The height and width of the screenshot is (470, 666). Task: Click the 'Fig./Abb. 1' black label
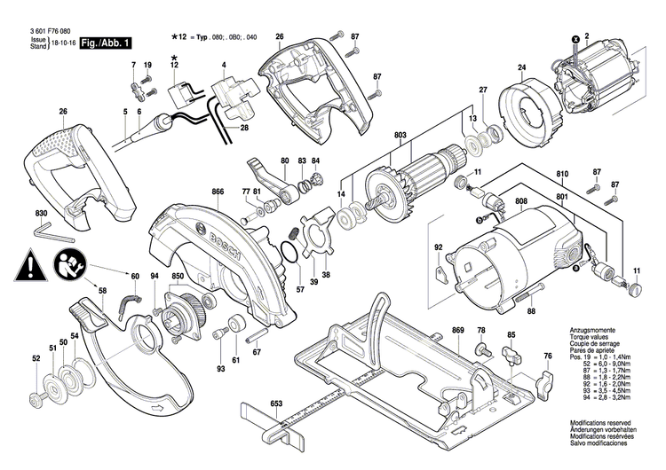click(106, 42)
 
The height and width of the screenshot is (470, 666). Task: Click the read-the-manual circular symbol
click(66, 263)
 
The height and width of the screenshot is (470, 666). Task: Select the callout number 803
click(400, 134)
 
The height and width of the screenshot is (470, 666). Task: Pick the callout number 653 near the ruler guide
click(276, 403)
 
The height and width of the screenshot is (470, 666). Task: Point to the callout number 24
click(522, 67)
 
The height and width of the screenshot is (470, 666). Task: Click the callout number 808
click(520, 203)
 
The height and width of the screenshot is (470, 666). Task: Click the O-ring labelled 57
click(287, 257)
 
